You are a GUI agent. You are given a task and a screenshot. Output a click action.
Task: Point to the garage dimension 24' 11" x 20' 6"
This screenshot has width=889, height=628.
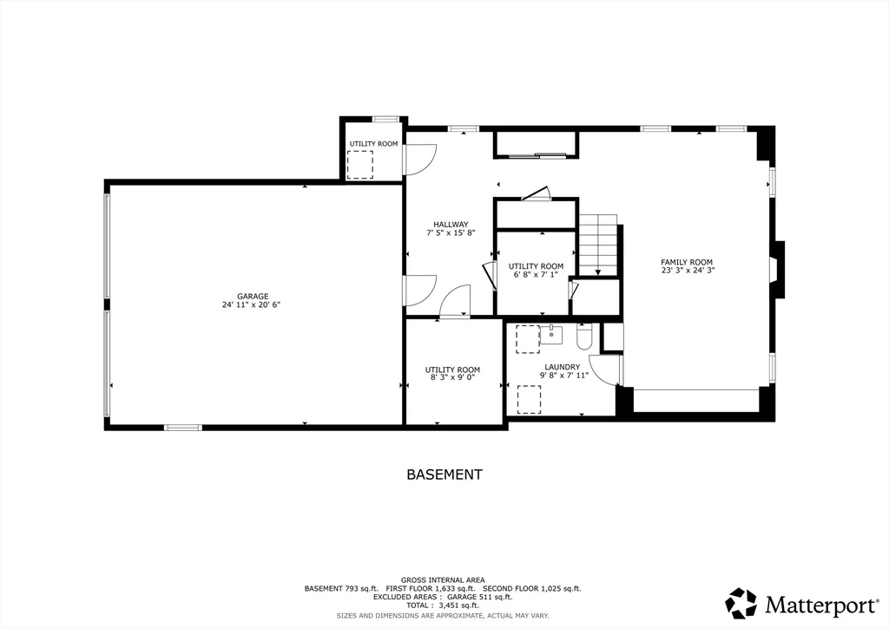251,304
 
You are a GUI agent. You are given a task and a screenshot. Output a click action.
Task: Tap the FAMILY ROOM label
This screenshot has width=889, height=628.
687,262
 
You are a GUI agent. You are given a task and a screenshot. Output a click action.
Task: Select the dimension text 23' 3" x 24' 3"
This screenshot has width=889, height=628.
687,271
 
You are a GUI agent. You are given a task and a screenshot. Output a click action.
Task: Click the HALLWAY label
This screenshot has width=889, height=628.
451,224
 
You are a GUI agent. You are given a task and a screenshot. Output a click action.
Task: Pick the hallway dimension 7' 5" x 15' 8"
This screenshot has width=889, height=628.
451,232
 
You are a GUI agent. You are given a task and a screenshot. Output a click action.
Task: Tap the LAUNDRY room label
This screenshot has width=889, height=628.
562,367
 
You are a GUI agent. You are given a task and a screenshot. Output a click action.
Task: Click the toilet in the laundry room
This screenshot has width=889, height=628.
583,336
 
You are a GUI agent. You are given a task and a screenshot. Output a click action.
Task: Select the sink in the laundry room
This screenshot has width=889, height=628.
550,334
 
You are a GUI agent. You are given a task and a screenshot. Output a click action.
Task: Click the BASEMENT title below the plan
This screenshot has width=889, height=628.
444,474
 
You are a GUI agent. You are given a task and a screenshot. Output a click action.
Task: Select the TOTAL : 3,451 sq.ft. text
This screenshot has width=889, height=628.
443,606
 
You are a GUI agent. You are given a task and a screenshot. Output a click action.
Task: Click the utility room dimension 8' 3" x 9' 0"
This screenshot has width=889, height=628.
452,378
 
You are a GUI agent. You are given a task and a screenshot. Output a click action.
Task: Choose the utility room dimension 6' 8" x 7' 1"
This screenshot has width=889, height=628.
536,275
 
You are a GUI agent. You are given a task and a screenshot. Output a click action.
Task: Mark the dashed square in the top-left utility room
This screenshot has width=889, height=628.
359,164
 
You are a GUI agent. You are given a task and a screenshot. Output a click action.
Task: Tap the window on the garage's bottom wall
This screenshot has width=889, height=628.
183,427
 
